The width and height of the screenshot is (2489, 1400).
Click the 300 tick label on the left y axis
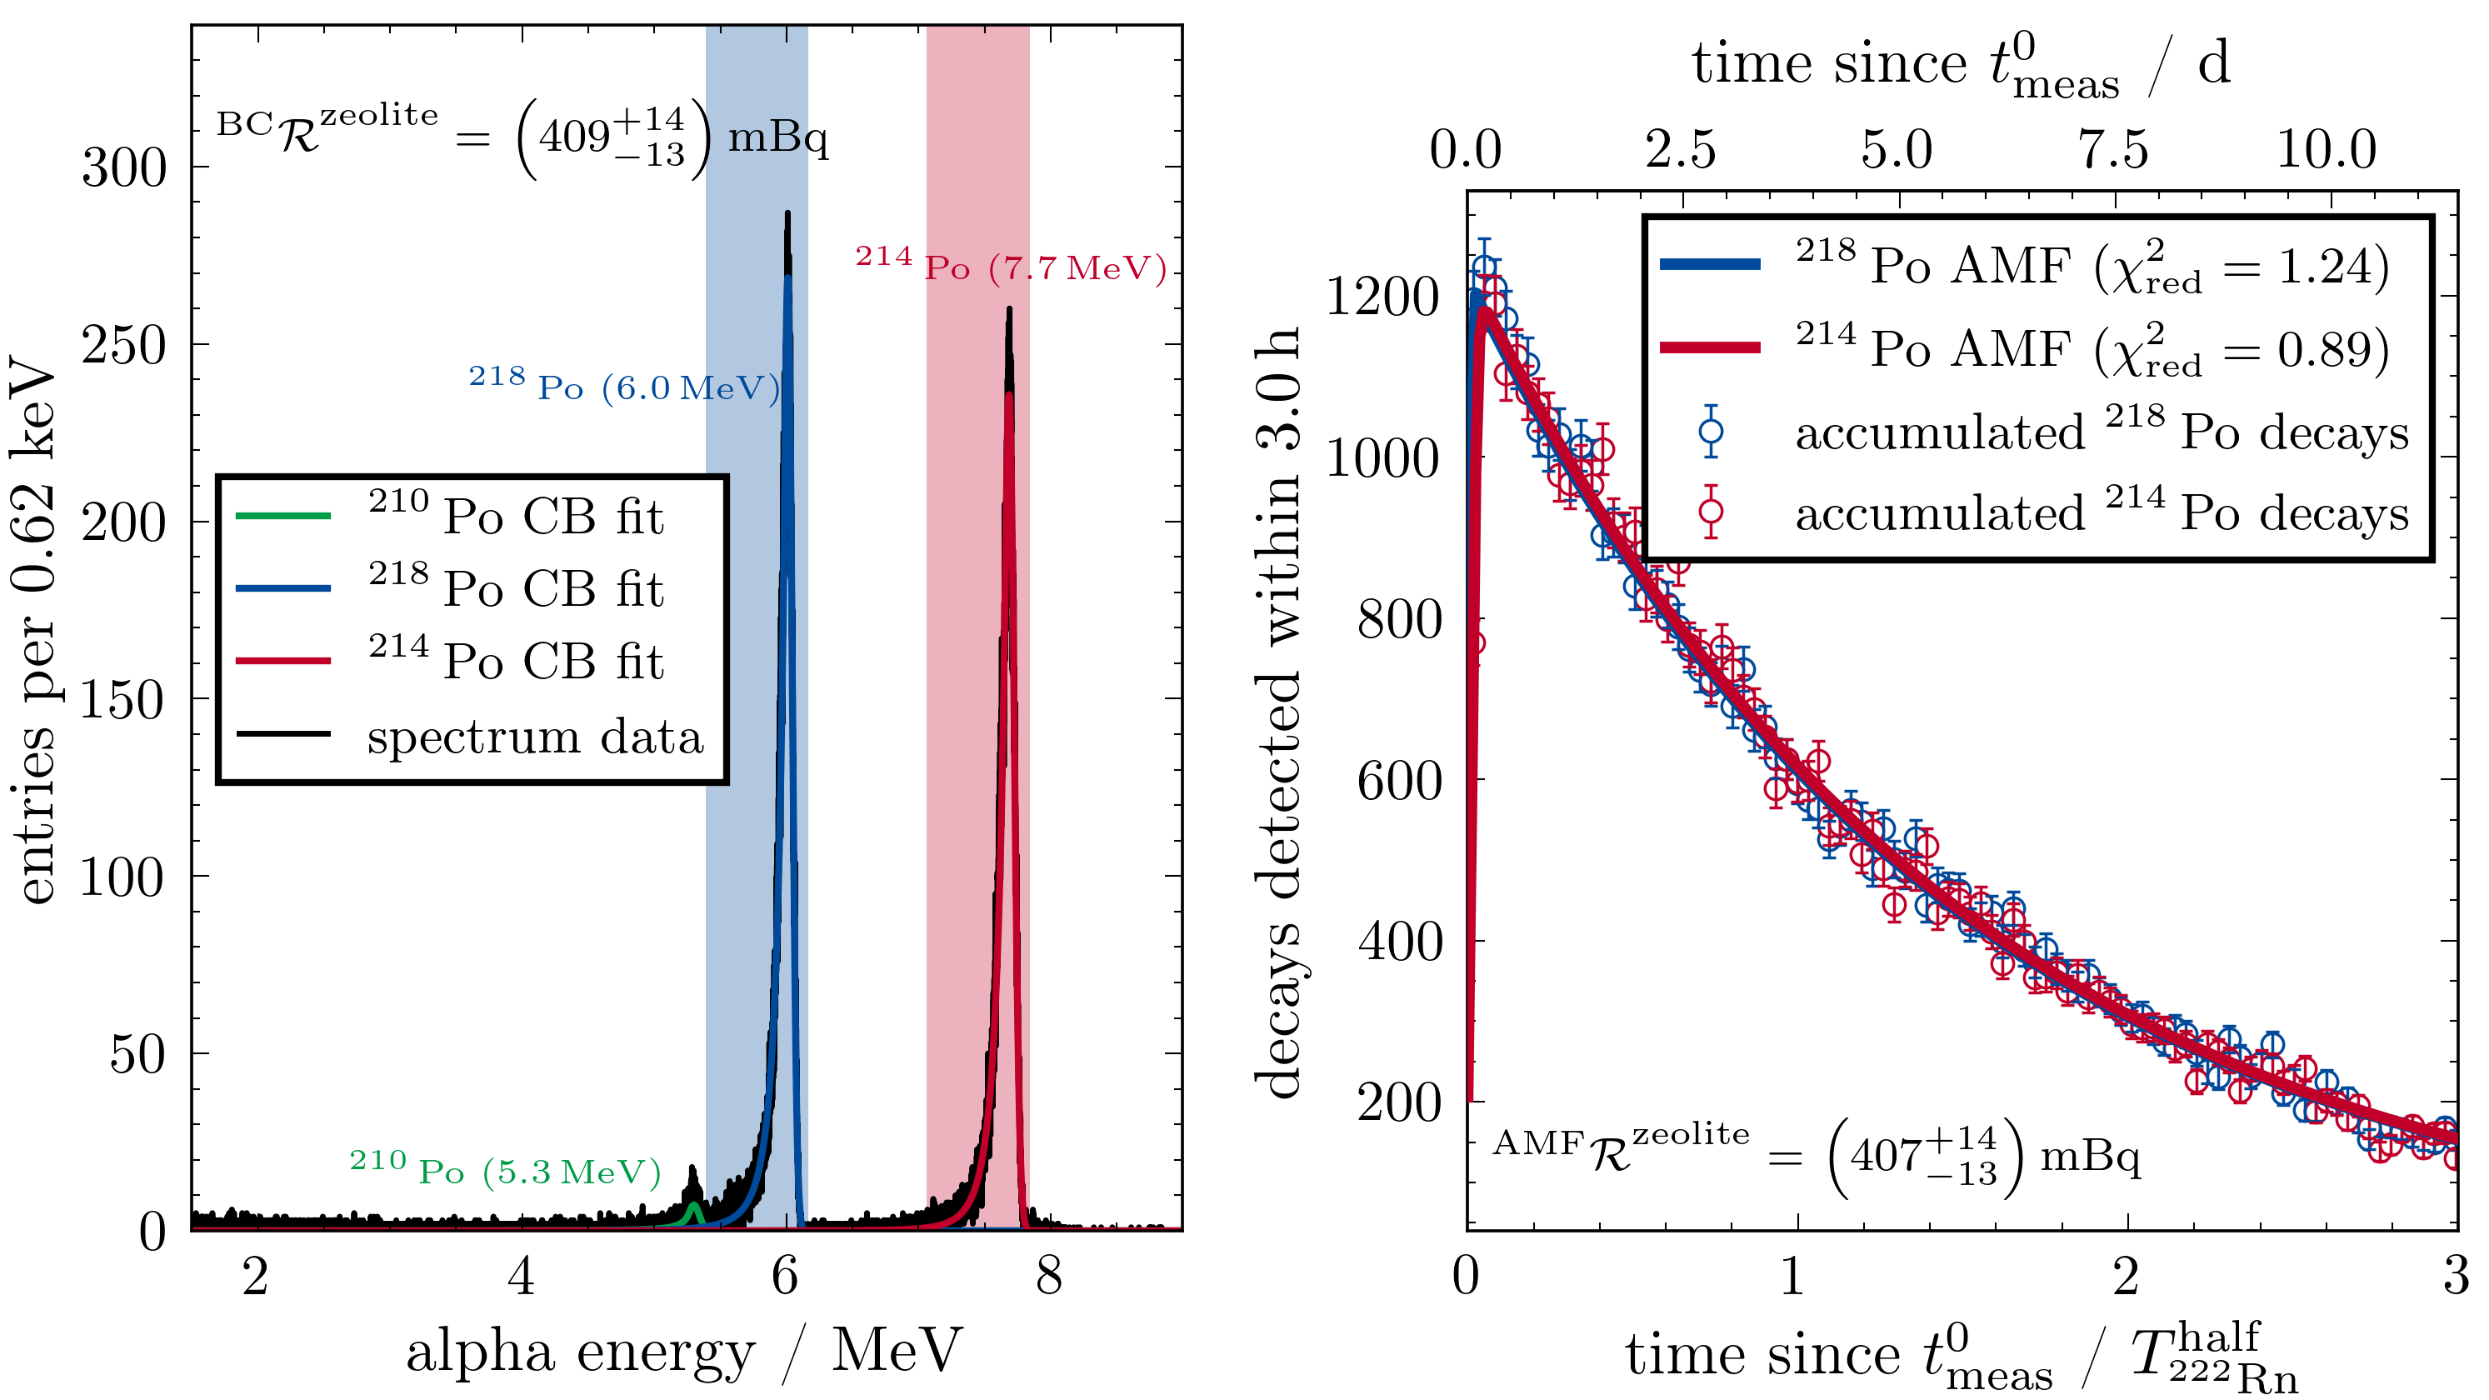[x=123, y=168]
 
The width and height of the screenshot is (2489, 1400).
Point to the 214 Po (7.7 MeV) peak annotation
[x=1011, y=265]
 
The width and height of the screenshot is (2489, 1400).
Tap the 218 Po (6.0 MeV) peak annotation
[x=623, y=384]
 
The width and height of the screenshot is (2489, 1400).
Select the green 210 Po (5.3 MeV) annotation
[x=504, y=1169]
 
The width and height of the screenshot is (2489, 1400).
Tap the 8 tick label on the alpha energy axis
[x=1048, y=1277]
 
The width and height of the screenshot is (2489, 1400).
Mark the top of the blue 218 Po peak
[x=787, y=214]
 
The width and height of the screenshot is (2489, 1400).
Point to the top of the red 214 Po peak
[x=1009, y=311]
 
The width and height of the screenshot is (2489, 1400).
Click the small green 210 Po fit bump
[x=692, y=1210]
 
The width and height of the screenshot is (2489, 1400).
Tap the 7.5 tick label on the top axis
[x=2113, y=151]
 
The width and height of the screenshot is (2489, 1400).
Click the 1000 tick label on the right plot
[x=1382, y=458]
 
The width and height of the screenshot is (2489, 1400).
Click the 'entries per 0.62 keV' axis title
[x=35, y=628]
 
